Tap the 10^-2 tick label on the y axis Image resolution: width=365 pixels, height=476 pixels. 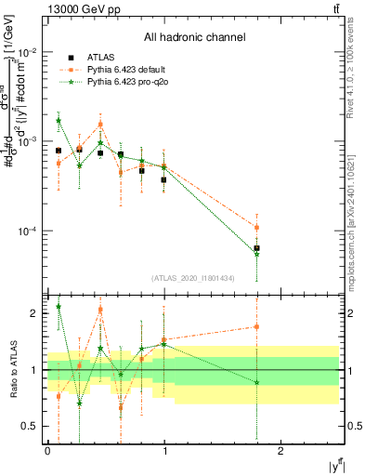(28, 52)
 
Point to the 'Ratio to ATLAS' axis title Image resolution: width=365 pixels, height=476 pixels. (14, 370)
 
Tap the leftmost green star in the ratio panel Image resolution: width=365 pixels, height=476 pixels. (59, 306)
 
